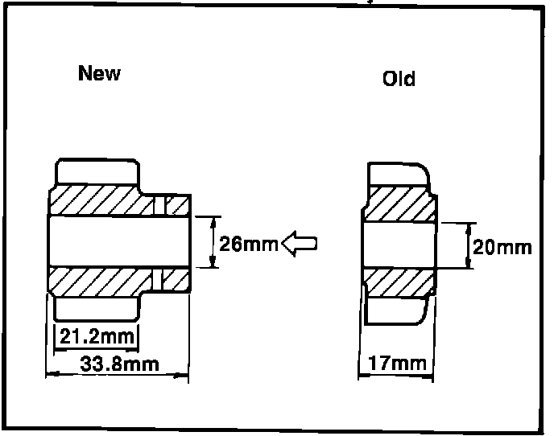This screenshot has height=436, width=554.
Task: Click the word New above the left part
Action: [99, 73]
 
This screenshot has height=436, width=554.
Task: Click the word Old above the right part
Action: [399, 79]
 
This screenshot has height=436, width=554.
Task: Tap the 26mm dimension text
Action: [248, 243]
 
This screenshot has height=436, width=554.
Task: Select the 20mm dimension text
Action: [502, 246]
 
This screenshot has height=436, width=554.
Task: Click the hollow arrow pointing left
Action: [300, 242]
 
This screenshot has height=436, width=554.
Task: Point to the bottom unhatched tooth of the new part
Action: [96, 307]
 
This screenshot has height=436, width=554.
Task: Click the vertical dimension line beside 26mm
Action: [212, 241]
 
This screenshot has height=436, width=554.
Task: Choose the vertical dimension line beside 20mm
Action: [469, 245]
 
